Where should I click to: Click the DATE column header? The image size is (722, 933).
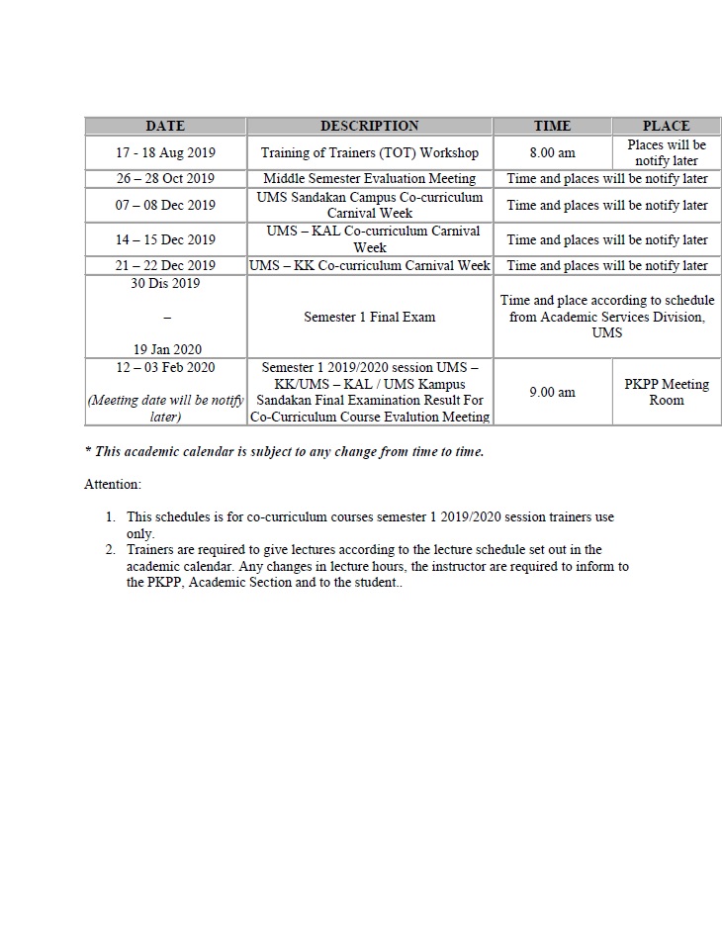pyautogui.click(x=165, y=126)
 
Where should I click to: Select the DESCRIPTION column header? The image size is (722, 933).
pyautogui.click(x=369, y=126)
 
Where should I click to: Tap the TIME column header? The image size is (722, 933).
pyautogui.click(x=552, y=126)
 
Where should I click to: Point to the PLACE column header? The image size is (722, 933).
pyautogui.click(x=666, y=126)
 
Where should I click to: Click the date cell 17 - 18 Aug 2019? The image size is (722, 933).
pyautogui.click(x=165, y=153)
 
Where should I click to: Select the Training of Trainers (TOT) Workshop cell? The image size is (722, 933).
pyautogui.click(x=369, y=153)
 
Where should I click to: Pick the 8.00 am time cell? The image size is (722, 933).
pyautogui.click(x=552, y=153)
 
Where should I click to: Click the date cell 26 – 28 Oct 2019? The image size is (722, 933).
pyautogui.click(x=165, y=179)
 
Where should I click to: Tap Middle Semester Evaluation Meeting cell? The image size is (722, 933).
pyautogui.click(x=369, y=179)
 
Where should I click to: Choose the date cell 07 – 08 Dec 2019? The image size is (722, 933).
pyautogui.click(x=165, y=206)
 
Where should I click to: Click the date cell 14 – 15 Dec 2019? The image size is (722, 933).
pyautogui.click(x=165, y=239)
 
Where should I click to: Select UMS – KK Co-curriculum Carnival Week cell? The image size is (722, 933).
pyautogui.click(x=369, y=265)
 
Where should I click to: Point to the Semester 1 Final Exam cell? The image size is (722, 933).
pyautogui.click(x=369, y=318)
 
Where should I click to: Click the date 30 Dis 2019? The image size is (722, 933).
pyautogui.click(x=165, y=284)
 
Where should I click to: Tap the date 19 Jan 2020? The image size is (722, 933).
pyautogui.click(x=165, y=349)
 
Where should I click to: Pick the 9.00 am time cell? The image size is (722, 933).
pyautogui.click(x=552, y=392)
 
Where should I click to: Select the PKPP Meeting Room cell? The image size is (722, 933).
pyautogui.click(x=666, y=392)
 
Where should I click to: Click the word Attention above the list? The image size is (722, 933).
pyautogui.click(x=113, y=485)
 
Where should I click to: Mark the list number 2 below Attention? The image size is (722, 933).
pyautogui.click(x=111, y=550)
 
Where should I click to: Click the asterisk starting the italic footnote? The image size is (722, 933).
pyautogui.click(x=88, y=451)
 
